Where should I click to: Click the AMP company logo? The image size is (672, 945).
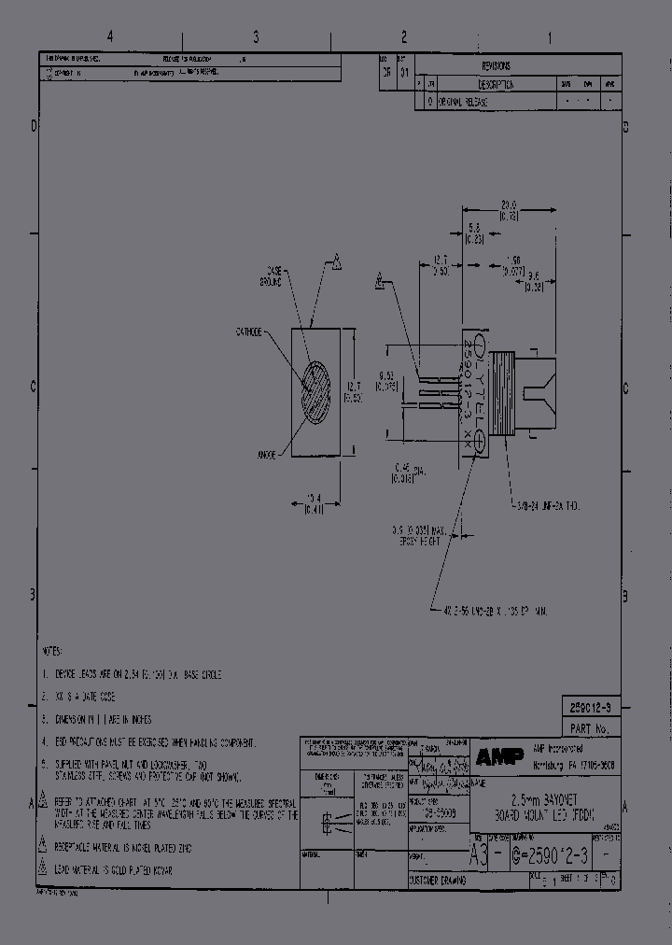[495, 755]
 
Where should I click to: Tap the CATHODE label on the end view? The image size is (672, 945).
[249, 331]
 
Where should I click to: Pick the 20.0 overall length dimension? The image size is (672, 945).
[508, 208]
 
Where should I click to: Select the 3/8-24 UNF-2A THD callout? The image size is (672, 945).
[551, 505]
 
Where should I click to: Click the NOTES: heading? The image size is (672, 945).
[52, 650]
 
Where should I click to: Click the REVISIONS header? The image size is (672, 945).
[496, 67]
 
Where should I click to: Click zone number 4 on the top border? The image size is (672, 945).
[110, 37]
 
